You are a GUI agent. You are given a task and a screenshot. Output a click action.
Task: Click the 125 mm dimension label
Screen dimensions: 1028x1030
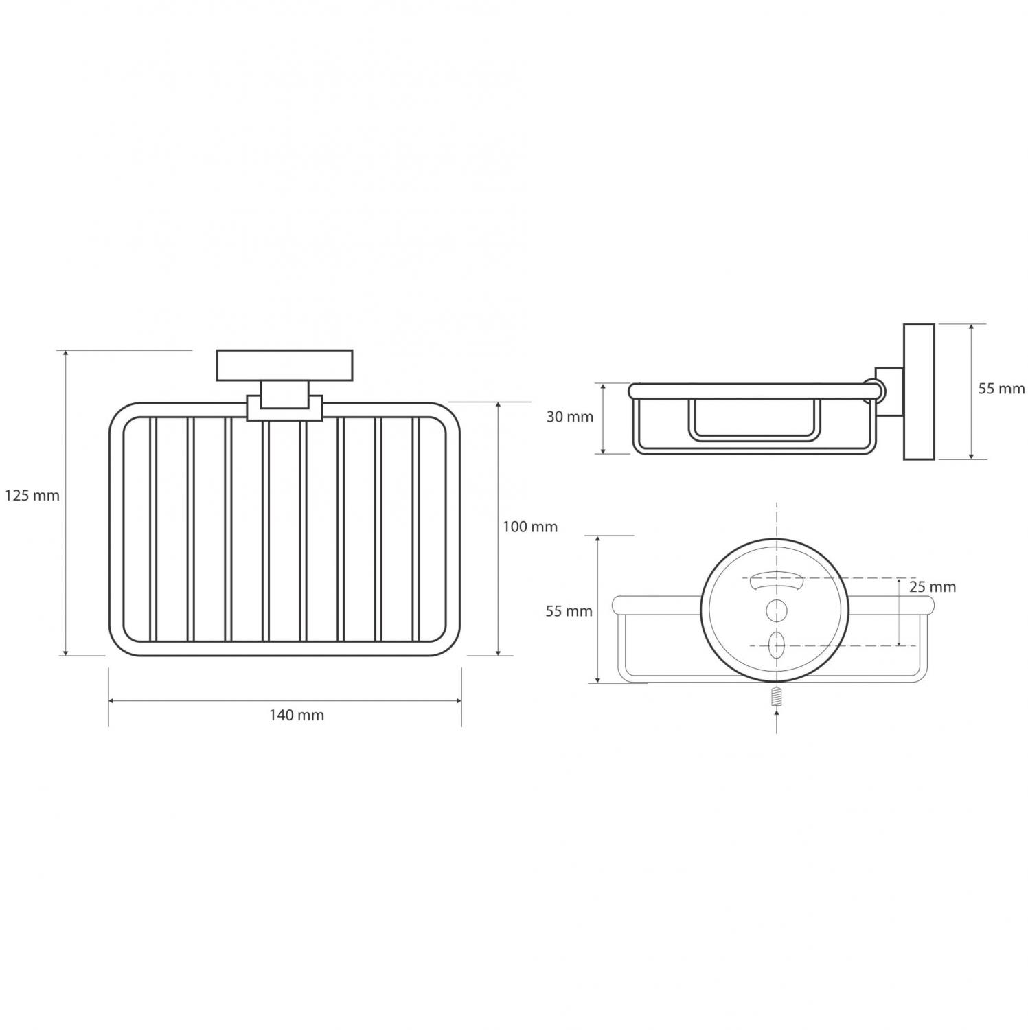(x=32, y=495)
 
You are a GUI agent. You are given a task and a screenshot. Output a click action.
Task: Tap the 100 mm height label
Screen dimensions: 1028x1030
(x=530, y=527)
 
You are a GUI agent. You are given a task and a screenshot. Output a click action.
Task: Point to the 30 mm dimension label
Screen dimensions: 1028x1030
(x=569, y=417)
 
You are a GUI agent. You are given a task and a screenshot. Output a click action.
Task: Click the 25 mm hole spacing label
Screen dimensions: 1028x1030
(x=932, y=587)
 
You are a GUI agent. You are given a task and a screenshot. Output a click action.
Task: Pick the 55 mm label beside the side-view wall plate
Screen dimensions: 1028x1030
(x=1001, y=389)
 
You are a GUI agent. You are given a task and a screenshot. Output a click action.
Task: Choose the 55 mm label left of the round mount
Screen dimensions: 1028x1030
(x=569, y=611)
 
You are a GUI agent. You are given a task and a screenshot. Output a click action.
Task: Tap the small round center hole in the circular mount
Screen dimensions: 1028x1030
(x=776, y=608)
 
